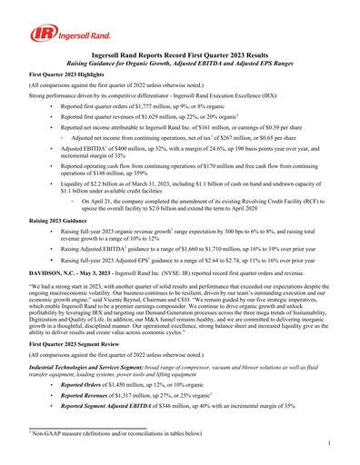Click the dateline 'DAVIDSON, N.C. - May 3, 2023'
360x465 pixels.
tap(74, 272)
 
